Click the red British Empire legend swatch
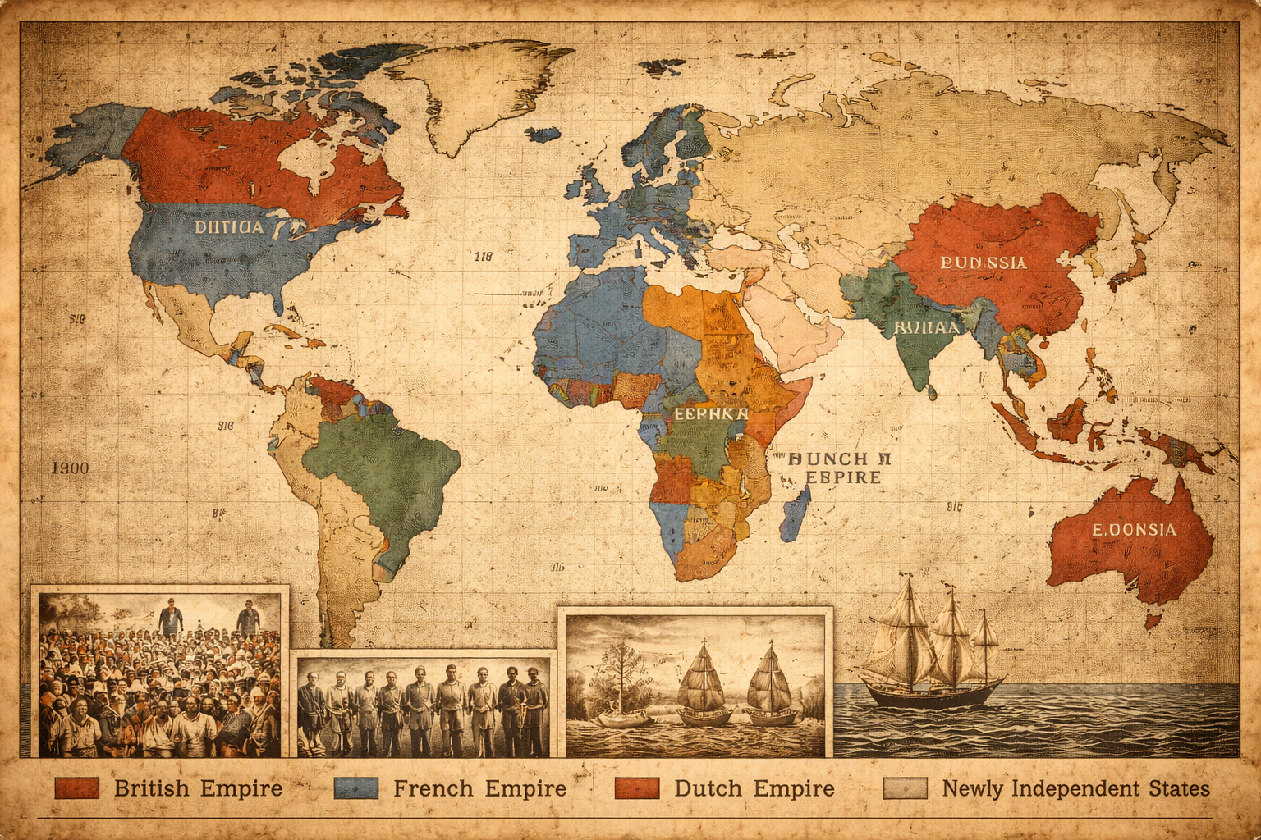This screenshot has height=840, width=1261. (76, 788)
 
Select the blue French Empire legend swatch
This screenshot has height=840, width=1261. (356, 788)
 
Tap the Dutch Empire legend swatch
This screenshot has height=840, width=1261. (636, 788)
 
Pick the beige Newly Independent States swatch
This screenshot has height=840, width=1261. (905, 788)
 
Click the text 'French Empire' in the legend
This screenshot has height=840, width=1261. (479, 788)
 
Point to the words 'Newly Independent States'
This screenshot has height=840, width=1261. (1075, 788)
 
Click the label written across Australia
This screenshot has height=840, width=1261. (1134, 530)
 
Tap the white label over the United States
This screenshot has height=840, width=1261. (229, 226)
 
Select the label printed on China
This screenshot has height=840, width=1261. (983, 262)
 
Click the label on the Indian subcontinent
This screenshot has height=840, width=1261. (925, 327)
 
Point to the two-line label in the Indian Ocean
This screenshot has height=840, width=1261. (838, 468)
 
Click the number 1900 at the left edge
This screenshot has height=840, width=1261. (71, 468)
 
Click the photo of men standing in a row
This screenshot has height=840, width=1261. (423, 705)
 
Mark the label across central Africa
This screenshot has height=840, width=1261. (710, 413)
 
